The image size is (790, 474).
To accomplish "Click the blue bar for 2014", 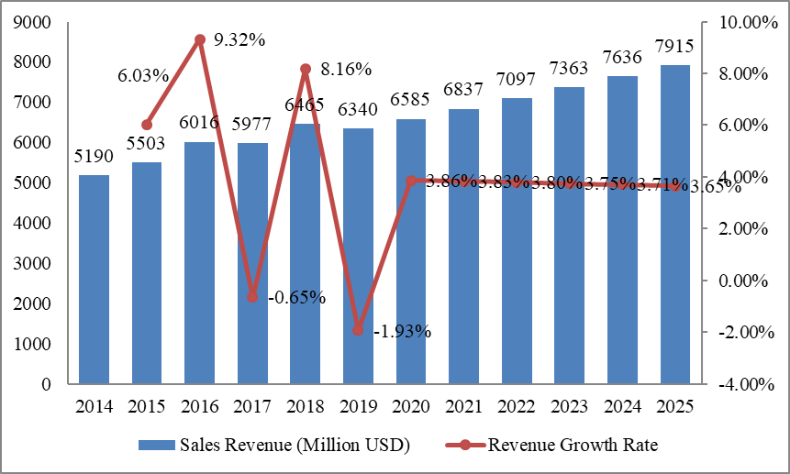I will point(94,279).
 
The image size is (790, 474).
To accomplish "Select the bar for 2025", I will point(675,225).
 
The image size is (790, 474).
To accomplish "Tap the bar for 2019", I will point(358,256).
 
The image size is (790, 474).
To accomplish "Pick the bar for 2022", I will point(517,241).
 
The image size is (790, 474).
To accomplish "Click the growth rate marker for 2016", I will point(199,39).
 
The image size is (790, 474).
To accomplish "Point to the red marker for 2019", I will point(358,330).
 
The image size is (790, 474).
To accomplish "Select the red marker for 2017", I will point(252,297).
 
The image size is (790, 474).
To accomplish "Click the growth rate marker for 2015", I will point(147,125).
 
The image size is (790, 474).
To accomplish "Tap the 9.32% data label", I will point(239,39).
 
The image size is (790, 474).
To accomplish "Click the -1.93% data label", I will point(402,331).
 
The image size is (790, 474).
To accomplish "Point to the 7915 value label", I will point(674,47).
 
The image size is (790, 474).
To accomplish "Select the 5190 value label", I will point(94,157).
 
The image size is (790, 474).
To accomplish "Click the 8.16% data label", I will point(345,69).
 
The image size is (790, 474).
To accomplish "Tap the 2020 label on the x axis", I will point(411,404).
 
